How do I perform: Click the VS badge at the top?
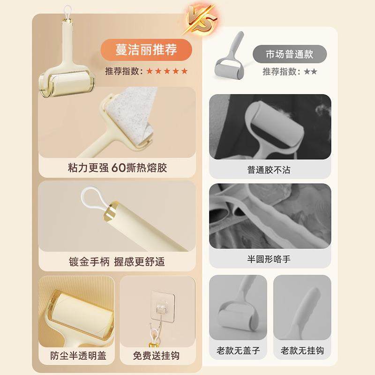point(202,17)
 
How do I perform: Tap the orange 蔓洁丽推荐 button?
point(147,49)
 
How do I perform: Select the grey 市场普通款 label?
point(289,53)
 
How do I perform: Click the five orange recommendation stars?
point(167,71)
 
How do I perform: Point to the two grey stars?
point(310,72)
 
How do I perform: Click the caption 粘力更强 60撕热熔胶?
point(117,168)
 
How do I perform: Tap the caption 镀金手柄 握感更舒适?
point(117,261)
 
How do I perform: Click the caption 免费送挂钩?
point(157,355)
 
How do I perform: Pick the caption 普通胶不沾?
point(269,170)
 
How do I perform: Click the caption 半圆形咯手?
point(269,259)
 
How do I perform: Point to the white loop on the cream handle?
point(90,196)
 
